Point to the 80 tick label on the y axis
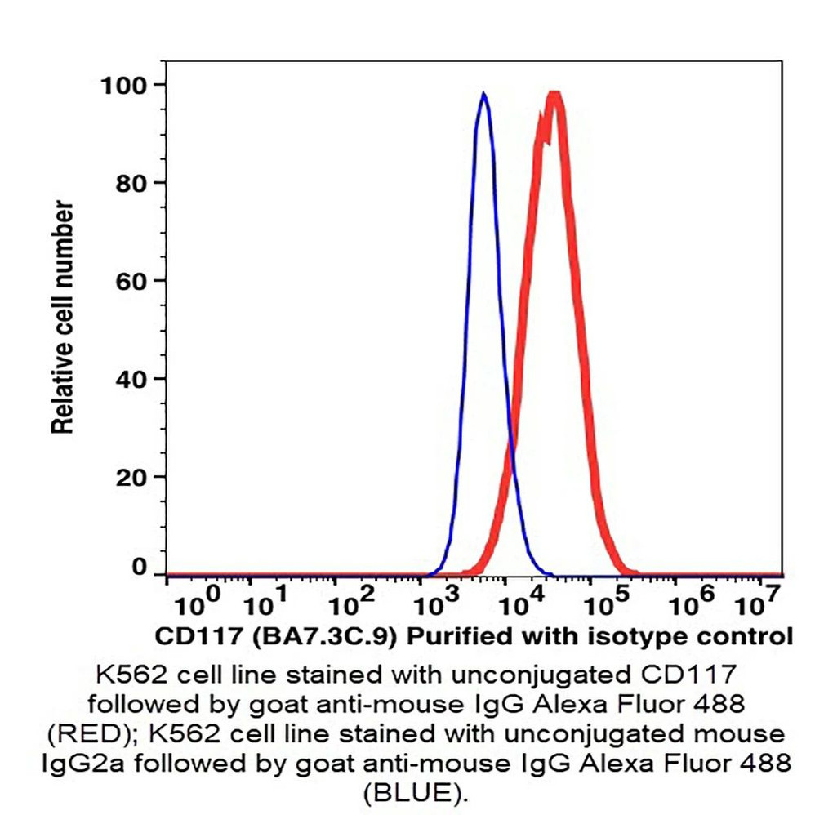coord(131,182)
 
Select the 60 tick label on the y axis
coord(131,280)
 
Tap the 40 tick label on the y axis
coord(131,378)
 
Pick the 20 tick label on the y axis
coord(131,476)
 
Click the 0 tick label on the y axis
coord(140,568)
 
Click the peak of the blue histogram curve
coord(484,95)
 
